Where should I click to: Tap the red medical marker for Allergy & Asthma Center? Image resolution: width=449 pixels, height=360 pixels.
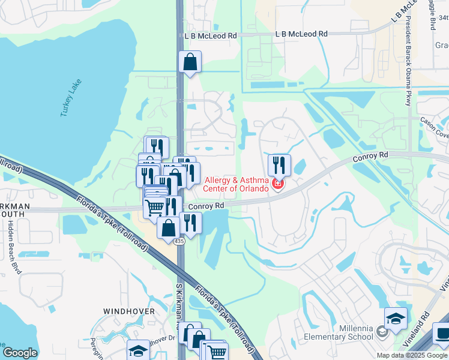pyautogui.click(x=277, y=184)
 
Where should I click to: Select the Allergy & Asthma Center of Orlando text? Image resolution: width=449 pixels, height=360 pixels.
pyautogui.click(x=239, y=184)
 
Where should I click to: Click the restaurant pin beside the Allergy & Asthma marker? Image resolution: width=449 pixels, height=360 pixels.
pyautogui.click(x=279, y=164)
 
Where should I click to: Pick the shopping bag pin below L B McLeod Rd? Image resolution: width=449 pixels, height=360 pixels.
pyautogui.click(x=190, y=62)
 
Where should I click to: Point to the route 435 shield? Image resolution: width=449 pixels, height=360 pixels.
pyautogui.click(x=179, y=241)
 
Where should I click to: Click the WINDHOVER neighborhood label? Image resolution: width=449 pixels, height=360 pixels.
pyautogui.click(x=128, y=311)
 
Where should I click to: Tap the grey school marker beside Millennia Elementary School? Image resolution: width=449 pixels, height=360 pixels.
pyautogui.click(x=382, y=331)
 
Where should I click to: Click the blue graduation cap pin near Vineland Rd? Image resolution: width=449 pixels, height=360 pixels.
pyautogui.click(x=396, y=319)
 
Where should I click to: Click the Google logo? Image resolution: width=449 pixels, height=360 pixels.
pyautogui.click(x=20, y=353)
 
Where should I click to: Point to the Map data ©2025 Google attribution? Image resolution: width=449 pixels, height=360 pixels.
pyautogui.click(x=412, y=355)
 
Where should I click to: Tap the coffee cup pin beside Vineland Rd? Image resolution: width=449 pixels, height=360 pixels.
pyautogui.click(x=442, y=332)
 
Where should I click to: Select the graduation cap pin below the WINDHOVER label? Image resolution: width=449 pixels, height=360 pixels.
pyautogui.click(x=138, y=350)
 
